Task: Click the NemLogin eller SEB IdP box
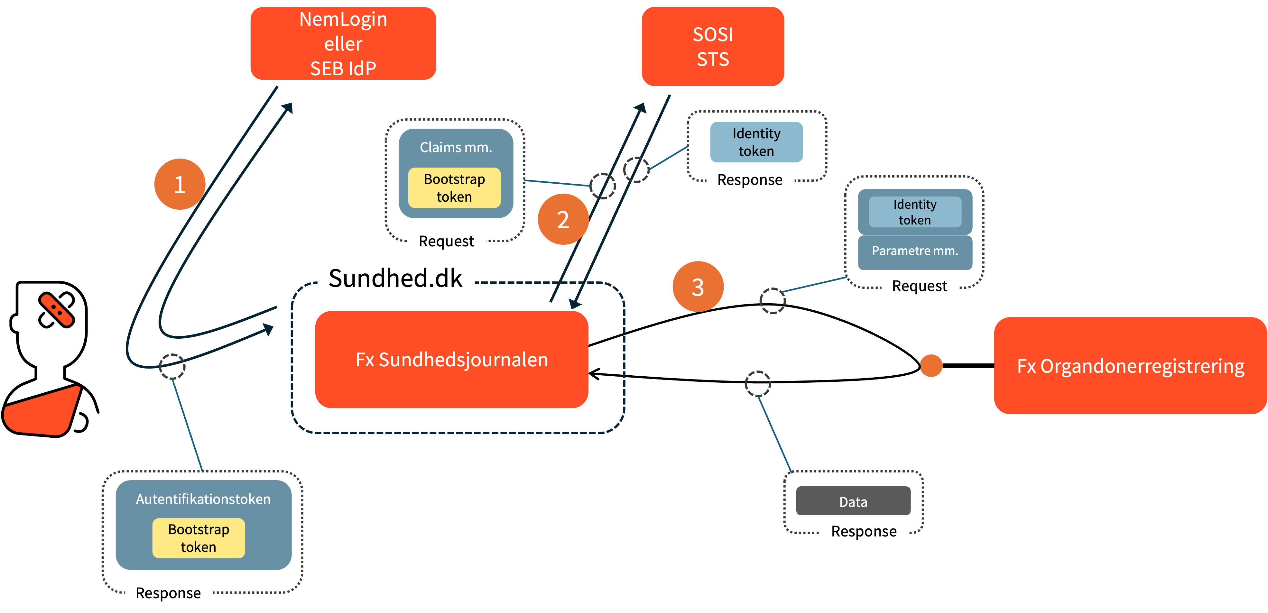point(343,44)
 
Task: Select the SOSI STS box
point(712,47)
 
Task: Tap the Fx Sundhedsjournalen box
point(451,360)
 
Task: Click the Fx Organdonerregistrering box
point(1130,366)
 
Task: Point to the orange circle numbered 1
point(180,184)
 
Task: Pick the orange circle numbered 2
point(563,219)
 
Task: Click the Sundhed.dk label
point(395,278)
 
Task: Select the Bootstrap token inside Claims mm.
point(454,188)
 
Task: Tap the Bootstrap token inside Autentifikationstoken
point(199,538)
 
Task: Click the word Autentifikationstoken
point(203,499)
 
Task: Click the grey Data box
point(853,501)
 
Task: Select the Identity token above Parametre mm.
point(915,212)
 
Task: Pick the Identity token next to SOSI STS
point(756,142)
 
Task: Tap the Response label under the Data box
point(864,531)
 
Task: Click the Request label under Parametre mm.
point(920,286)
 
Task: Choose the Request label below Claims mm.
point(447,241)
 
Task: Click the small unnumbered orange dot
point(931,366)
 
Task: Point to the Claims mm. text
point(456,147)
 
